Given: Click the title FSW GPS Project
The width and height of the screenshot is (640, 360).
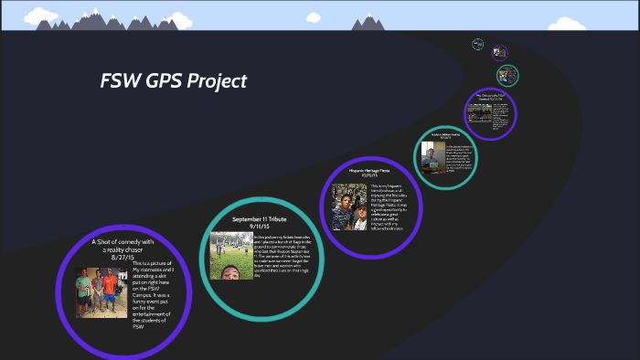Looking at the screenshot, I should pos(174,81).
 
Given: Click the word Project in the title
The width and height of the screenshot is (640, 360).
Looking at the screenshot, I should pos(217,81).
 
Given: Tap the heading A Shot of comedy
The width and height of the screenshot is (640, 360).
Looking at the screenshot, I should pos(123,244).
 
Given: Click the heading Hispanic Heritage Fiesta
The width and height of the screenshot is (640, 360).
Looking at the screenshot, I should pos(369,171).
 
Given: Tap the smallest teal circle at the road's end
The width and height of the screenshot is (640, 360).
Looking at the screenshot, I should pos(477,43).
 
